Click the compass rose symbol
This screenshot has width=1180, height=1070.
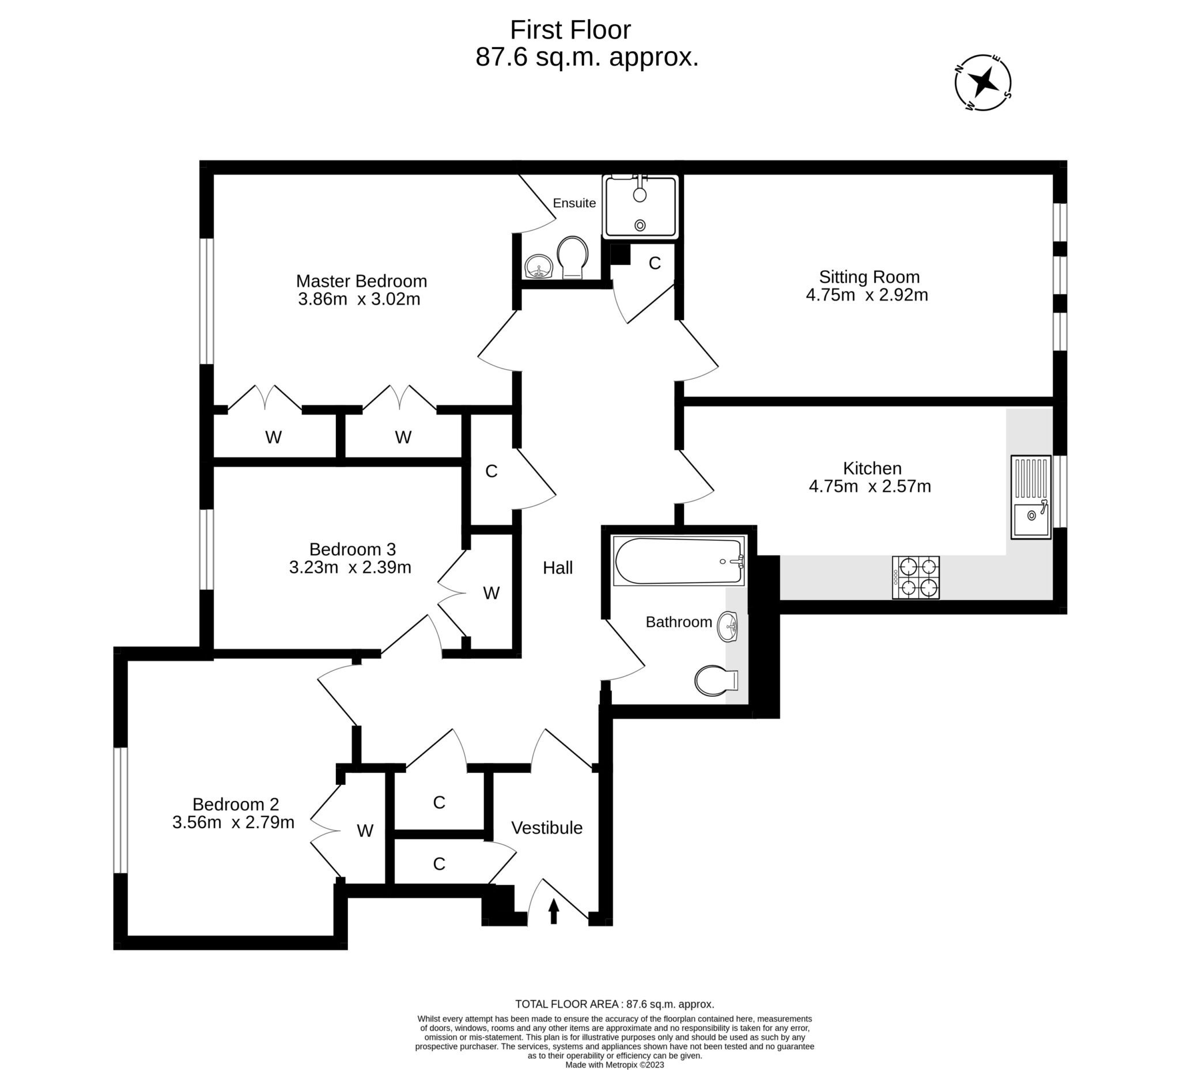(983, 83)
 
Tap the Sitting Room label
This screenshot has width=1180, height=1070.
(869, 276)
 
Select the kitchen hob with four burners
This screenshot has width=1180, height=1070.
(916, 578)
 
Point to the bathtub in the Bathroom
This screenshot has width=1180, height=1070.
(678, 561)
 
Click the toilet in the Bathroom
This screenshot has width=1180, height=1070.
(715, 680)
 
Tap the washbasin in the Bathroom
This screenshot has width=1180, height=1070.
(729, 627)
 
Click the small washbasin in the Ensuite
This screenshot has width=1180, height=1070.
(538, 268)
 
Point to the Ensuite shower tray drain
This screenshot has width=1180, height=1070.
(640, 225)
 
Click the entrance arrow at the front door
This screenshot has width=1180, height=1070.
(553, 911)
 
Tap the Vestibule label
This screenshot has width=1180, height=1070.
(547, 828)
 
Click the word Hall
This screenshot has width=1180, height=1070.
(557, 567)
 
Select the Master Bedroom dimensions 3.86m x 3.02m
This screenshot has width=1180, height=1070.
(359, 299)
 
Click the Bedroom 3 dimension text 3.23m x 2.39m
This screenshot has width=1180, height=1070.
(350, 567)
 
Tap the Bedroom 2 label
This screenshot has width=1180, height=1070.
(235, 804)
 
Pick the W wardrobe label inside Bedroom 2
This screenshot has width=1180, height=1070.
(365, 831)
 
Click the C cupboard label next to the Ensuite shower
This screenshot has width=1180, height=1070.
(655, 263)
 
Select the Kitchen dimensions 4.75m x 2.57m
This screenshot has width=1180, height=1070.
(869, 486)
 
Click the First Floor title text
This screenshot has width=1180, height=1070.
(570, 30)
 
